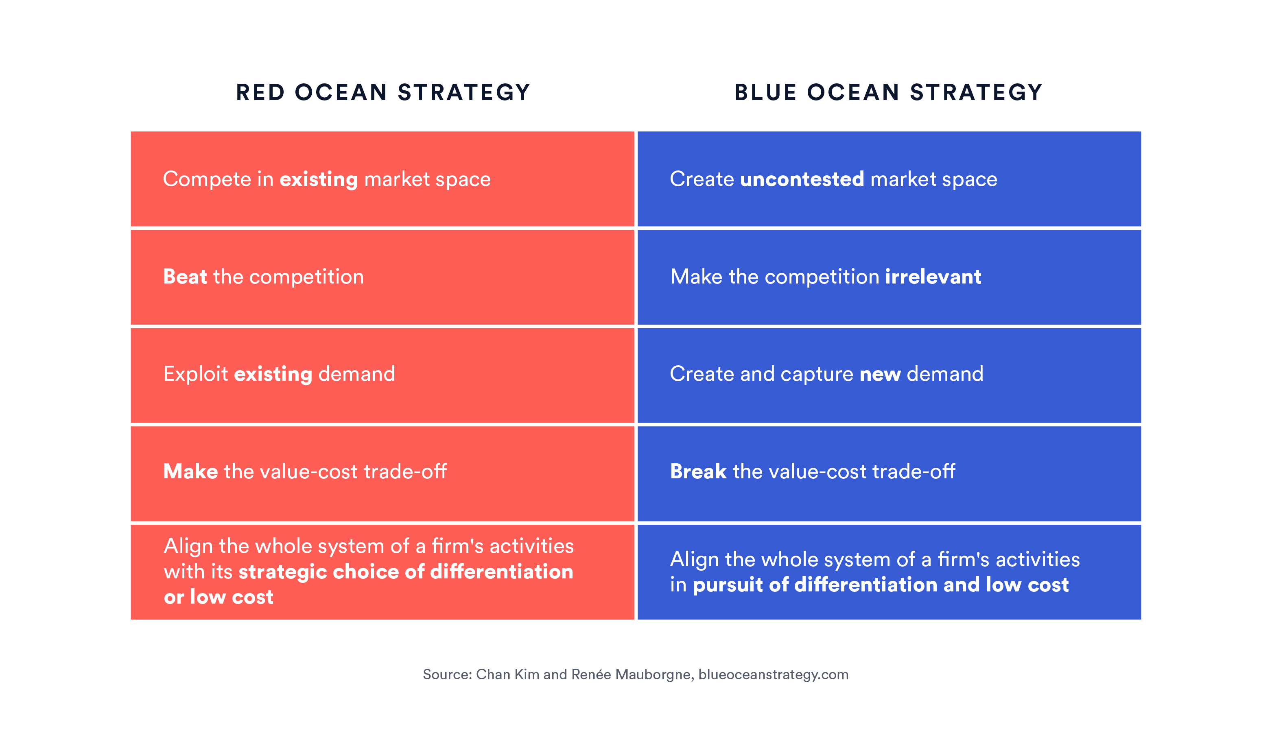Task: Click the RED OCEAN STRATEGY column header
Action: (x=383, y=92)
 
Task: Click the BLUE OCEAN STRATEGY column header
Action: (x=888, y=92)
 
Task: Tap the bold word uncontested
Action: (x=802, y=179)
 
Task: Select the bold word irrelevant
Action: (x=933, y=277)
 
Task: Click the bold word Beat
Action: (x=185, y=277)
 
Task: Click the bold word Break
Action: (x=698, y=471)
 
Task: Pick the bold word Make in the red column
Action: (x=191, y=471)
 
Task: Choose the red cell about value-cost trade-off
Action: (x=382, y=473)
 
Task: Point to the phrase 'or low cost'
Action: (x=219, y=597)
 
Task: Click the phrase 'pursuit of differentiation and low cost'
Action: (x=881, y=585)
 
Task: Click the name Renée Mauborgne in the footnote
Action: (x=631, y=674)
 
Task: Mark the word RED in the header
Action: (x=260, y=92)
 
